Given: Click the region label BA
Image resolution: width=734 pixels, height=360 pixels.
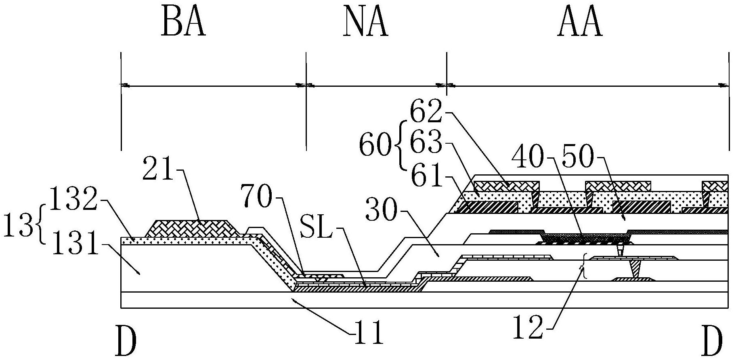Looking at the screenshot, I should click(x=184, y=23).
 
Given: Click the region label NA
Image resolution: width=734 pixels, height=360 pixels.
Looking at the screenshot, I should click(x=366, y=23).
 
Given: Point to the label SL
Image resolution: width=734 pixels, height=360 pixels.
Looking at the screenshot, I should click(x=319, y=234).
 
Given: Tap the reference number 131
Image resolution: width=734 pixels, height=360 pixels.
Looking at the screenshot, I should click(x=73, y=245).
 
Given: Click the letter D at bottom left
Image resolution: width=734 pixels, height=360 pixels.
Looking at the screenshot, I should click(x=126, y=340).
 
